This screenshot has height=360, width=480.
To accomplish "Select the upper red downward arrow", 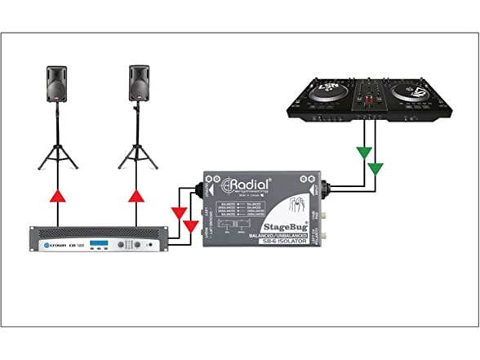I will [x=179, y=214].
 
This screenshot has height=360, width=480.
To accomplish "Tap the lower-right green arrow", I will [x=376, y=169].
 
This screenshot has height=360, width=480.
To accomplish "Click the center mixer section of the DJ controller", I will [x=374, y=96].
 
